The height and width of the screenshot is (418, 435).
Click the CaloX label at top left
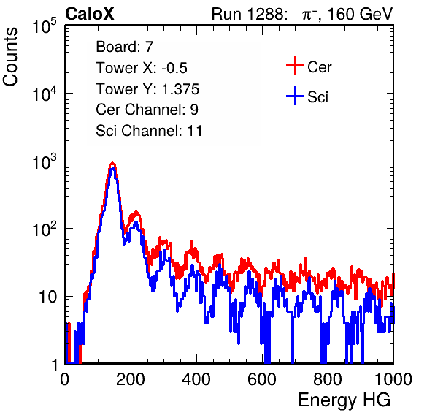point(90,14)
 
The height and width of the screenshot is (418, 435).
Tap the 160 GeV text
point(360,14)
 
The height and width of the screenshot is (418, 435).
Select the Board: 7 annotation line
point(125,46)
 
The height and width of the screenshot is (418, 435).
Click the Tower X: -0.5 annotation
point(142,67)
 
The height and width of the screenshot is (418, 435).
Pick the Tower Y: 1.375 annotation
point(147,88)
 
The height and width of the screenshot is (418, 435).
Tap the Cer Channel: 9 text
point(147,109)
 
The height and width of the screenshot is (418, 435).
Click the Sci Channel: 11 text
point(149,130)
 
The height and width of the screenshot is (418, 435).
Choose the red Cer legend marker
point(295,66)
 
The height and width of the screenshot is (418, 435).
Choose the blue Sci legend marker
point(295,96)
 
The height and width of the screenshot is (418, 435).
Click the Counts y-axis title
point(10,57)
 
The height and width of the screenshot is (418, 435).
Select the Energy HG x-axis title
point(344,400)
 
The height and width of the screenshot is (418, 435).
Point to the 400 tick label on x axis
point(196,379)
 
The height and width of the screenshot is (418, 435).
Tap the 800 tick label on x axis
point(328,379)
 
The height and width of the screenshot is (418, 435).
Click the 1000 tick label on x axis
point(393,379)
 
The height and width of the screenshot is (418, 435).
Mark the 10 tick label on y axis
point(47,297)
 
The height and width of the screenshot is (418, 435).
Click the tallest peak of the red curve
point(112,163)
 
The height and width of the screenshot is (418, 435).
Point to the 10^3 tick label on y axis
point(45,161)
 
